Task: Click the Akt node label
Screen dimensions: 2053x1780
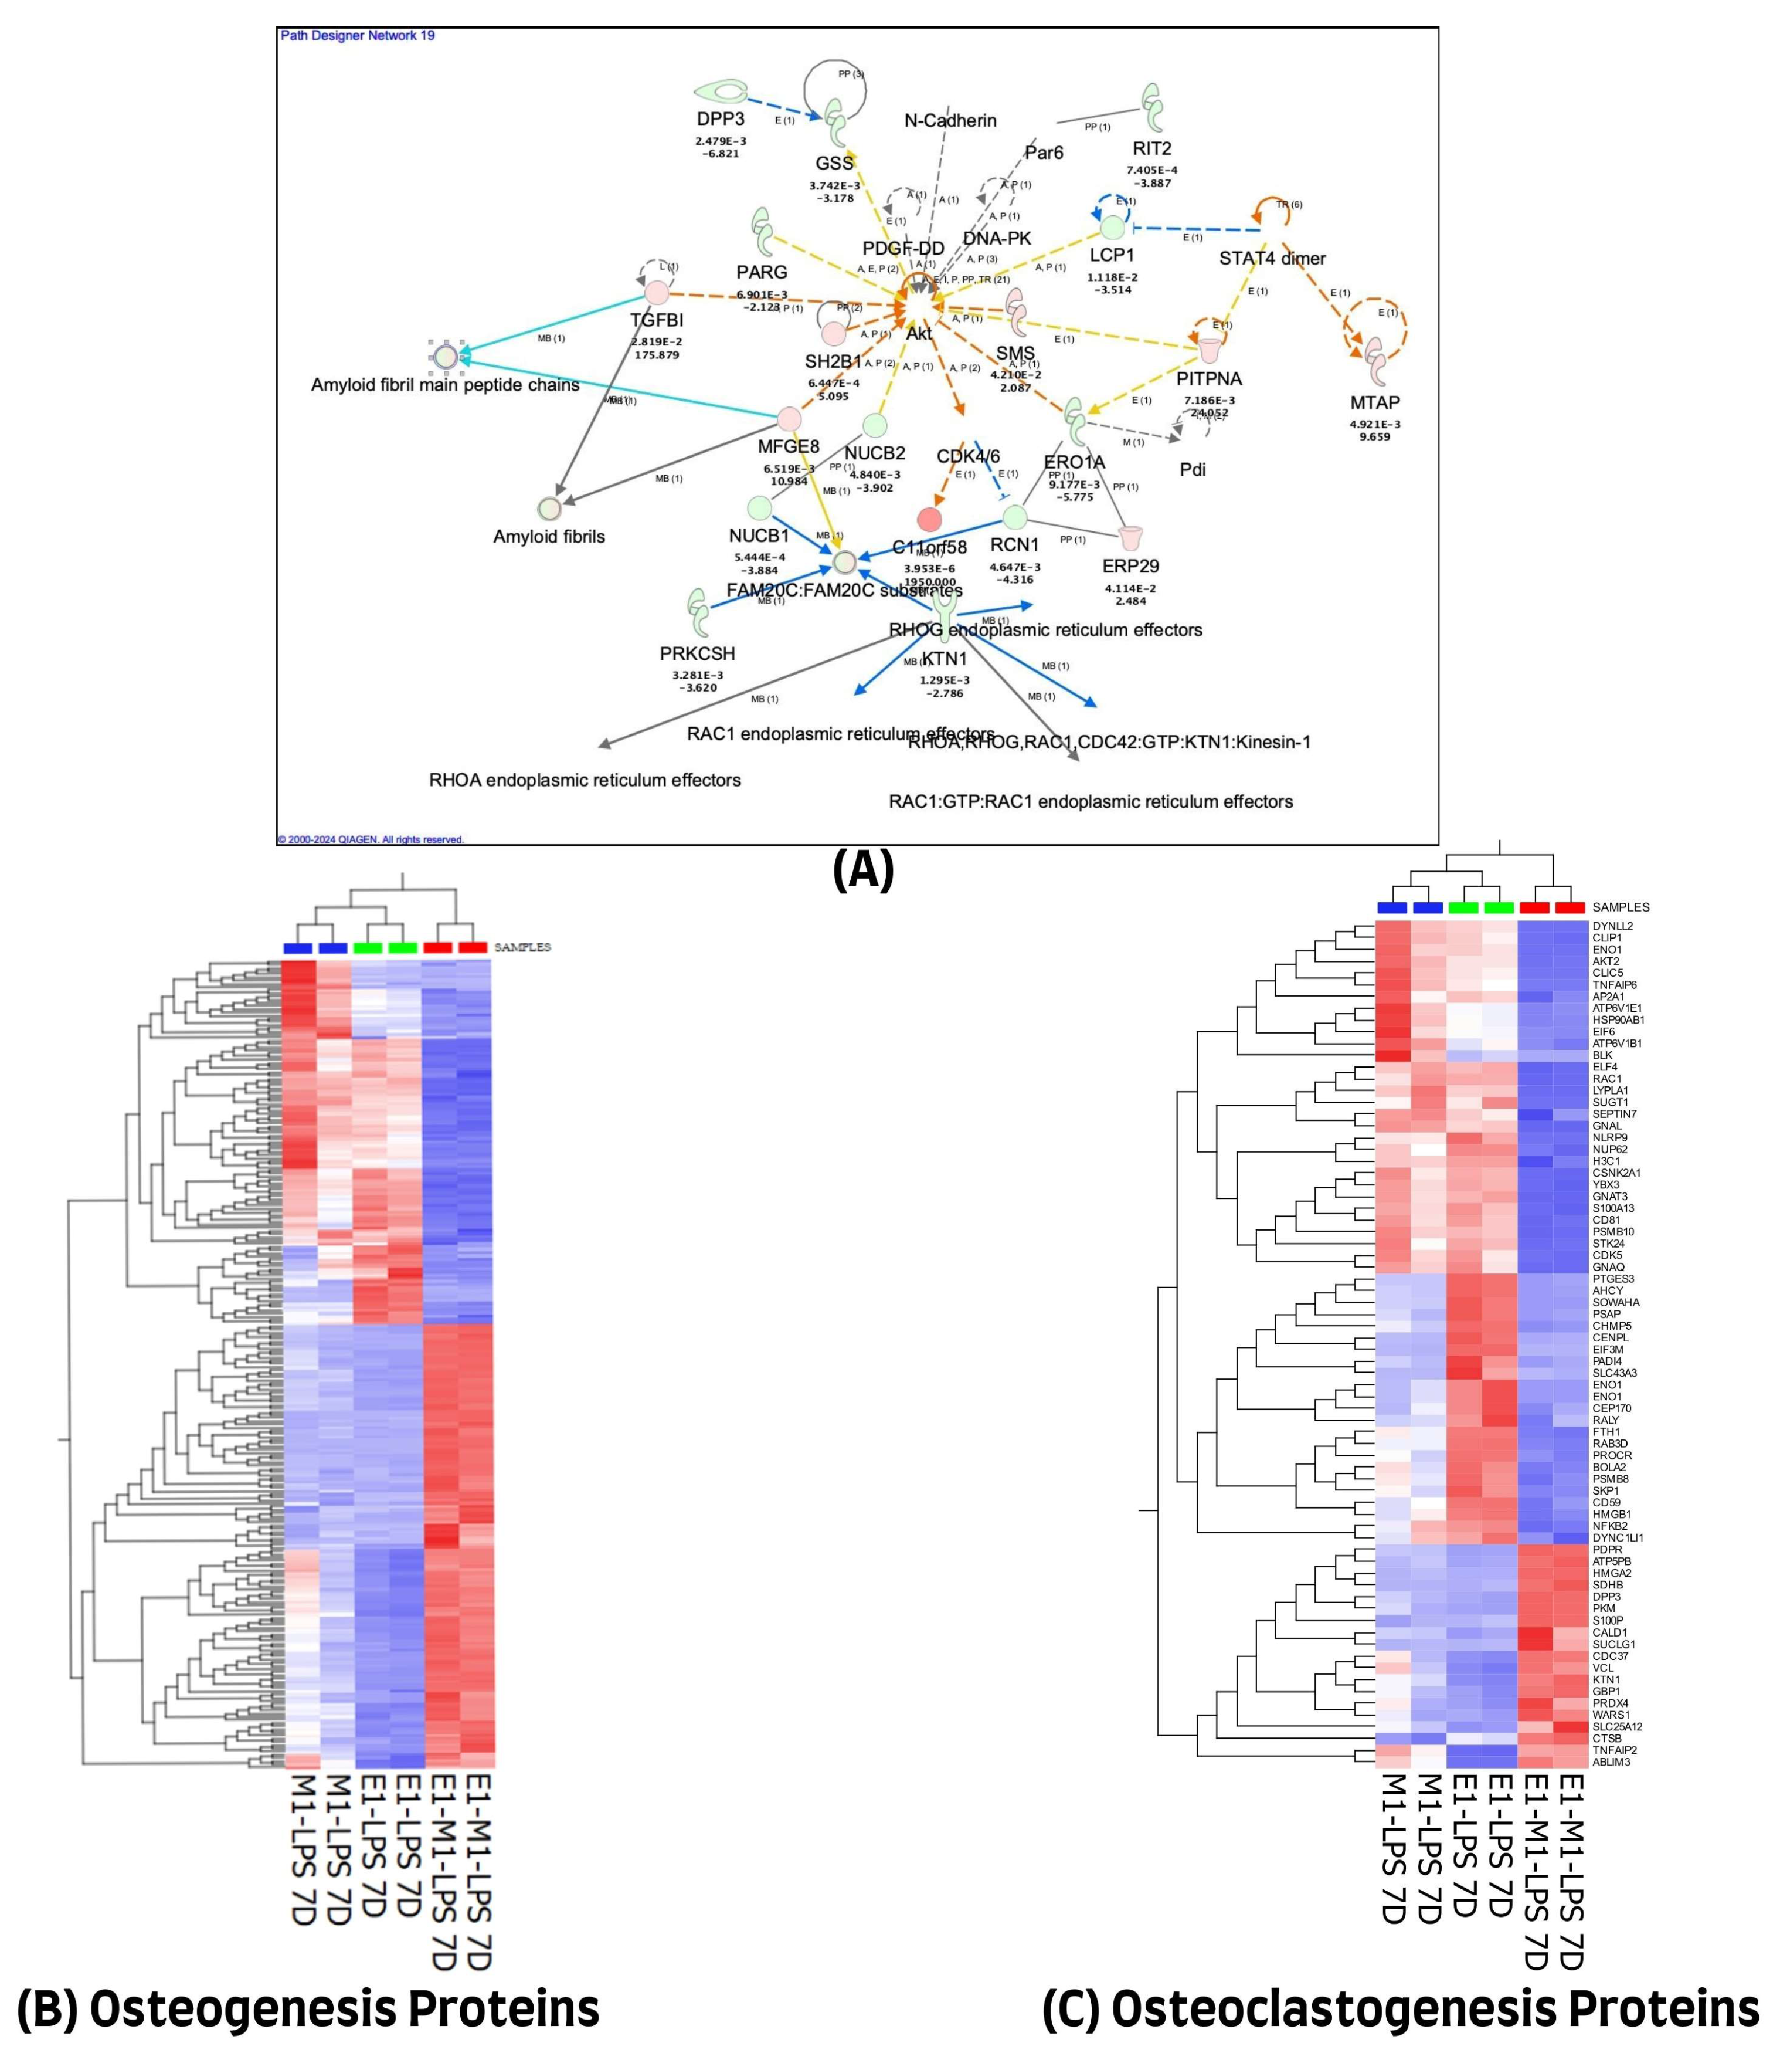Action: [919, 334]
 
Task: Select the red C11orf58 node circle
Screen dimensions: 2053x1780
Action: [929, 519]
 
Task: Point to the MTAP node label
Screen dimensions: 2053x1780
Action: [1375, 402]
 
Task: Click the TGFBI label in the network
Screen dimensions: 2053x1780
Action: [657, 321]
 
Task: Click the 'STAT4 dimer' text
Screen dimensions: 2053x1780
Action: [1272, 258]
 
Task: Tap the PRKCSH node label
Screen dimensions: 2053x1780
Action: [697, 654]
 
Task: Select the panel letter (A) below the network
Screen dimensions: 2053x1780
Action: [863, 870]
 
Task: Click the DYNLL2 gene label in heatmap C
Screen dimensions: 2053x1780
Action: [1612, 926]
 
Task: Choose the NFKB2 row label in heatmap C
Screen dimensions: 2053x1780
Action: [1610, 1525]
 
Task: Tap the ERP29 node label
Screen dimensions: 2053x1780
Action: [1130, 567]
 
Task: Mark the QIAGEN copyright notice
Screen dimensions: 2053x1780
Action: [371, 840]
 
